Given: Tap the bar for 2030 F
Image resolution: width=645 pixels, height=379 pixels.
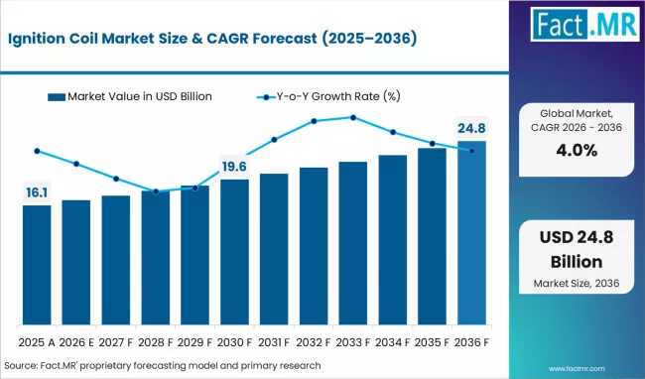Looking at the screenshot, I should tap(234, 253).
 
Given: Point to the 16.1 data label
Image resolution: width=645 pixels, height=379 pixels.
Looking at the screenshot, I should tap(36, 190).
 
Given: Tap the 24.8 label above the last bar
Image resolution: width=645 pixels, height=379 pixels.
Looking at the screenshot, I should tap(471, 127).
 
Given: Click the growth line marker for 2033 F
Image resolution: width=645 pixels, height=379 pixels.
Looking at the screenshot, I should tap(352, 117).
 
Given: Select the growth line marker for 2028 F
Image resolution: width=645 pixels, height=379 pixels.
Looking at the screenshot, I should tap(156, 191).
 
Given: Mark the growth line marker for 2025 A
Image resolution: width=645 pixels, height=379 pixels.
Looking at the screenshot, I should tap(37, 151).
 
